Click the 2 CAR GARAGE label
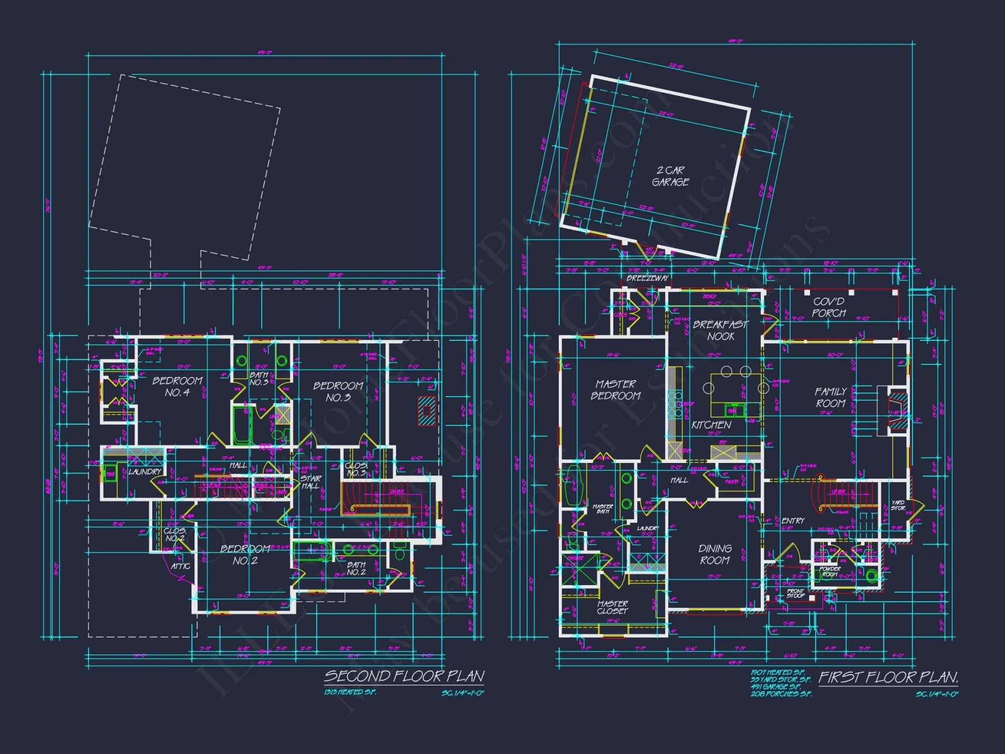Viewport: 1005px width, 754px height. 670,176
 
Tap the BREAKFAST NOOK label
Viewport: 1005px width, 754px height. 720,331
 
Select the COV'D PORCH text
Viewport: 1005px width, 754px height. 829,307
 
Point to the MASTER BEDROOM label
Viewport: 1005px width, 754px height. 616,390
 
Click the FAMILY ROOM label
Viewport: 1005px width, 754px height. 830,397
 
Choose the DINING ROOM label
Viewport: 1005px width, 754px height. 715,554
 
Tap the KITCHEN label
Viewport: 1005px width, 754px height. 711,425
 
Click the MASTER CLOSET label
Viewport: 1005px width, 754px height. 612,607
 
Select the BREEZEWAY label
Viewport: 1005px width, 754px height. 647,278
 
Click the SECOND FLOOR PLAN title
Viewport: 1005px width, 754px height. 404,676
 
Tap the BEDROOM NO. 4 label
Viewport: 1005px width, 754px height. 177,387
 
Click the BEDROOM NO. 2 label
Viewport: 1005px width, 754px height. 245,554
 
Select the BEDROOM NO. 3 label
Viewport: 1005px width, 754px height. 338,392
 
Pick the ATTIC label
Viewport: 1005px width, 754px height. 180,566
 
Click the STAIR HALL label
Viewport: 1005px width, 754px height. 311,482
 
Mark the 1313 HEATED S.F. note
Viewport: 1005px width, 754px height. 350,692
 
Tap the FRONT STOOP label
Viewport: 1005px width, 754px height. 795,593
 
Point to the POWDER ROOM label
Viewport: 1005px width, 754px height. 830,572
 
